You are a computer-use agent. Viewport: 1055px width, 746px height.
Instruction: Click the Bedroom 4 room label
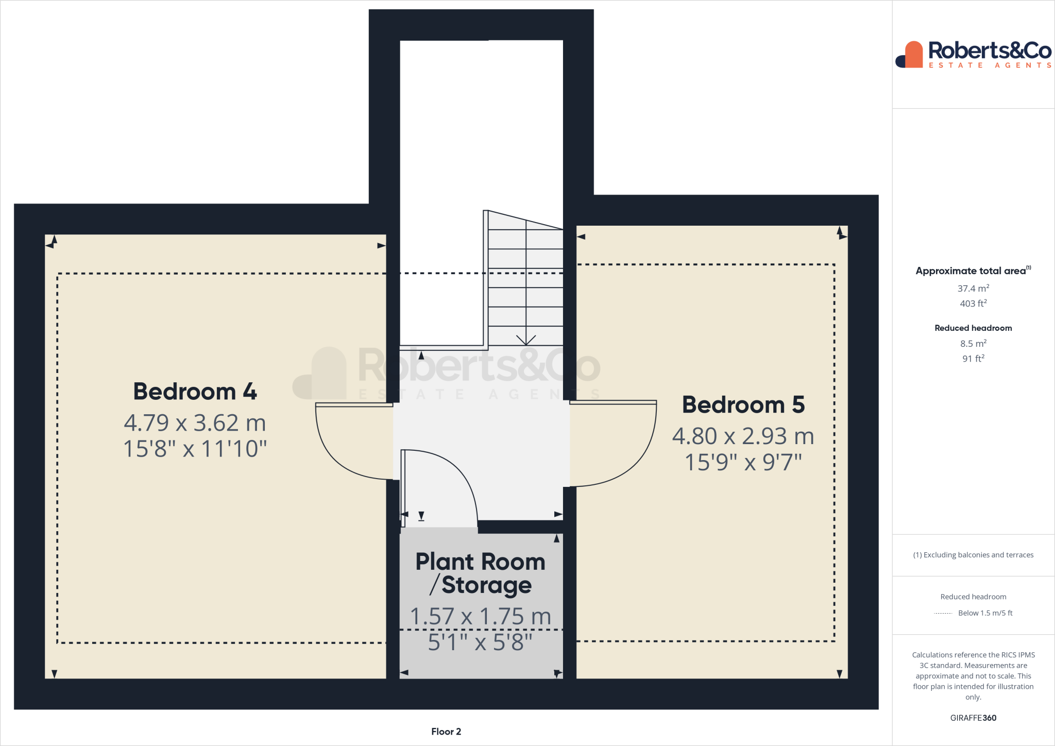click(195, 392)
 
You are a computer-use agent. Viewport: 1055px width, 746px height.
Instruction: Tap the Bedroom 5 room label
click(743, 405)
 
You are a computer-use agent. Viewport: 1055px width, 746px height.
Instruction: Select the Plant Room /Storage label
click(480, 573)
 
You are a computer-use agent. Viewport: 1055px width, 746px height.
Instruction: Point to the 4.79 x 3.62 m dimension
click(195, 423)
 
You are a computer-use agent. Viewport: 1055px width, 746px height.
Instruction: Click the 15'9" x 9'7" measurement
click(743, 462)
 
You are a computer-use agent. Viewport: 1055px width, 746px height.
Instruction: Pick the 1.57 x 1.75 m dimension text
click(480, 617)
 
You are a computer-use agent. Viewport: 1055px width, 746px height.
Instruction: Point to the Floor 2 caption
click(446, 732)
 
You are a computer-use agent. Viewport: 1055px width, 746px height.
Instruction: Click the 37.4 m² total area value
click(973, 289)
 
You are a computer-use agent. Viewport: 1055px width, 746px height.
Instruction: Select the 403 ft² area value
click(973, 303)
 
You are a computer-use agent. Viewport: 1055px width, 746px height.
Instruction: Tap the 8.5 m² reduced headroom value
click(973, 344)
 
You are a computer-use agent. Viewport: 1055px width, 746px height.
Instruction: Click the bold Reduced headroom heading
click(973, 328)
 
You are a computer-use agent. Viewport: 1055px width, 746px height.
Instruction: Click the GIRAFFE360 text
click(973, 718)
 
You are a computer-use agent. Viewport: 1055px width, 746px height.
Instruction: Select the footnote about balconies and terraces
click(973, 555)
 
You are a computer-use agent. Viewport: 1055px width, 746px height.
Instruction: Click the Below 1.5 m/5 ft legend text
click(985, 613)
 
